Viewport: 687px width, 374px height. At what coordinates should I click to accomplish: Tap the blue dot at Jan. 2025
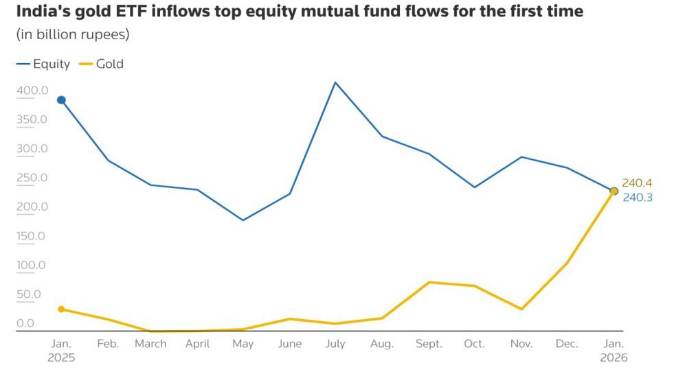[61, 100]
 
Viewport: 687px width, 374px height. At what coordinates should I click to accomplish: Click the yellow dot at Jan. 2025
[61, 309]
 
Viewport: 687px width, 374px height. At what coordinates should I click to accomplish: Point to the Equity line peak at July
[335, 82]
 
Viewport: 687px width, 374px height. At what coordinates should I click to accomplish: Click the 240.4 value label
[637, 183]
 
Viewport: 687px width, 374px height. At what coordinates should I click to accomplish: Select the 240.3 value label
[637, 197]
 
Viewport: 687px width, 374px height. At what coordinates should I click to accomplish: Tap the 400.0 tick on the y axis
[32, 91]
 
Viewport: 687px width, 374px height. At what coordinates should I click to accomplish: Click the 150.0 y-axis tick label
[32, 236]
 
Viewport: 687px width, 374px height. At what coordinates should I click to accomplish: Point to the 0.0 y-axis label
[25, 323]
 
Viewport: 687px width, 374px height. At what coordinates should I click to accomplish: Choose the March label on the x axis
[150, 344]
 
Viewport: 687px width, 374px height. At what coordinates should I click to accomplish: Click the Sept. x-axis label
[429, 344]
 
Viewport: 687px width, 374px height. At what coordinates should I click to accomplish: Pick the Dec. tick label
[567, 344]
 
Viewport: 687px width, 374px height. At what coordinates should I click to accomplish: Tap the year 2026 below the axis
[613, 358]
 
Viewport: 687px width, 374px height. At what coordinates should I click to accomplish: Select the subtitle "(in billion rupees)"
[72, 34]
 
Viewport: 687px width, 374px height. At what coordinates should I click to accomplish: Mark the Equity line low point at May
[243, 220]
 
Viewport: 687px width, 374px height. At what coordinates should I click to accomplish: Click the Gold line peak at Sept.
[429, 282]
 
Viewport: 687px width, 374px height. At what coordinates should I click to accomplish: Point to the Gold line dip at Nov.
[521, 309]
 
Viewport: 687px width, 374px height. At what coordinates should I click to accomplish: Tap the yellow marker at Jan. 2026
[614, 191]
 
